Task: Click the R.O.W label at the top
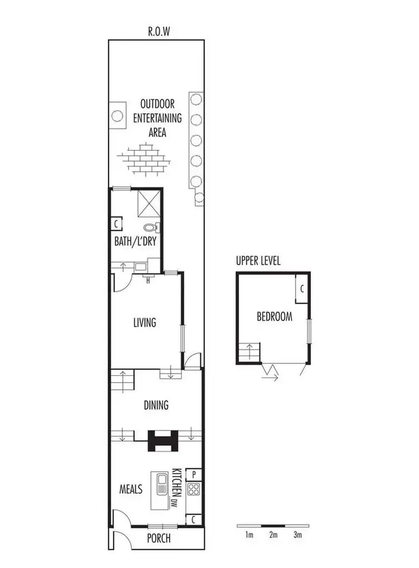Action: click(159, 32)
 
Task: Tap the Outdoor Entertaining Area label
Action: click(158, 118)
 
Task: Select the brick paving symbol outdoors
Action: click(145, 159)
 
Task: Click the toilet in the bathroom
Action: click(151, 227)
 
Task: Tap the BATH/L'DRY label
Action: click(135, 242)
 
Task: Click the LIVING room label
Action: click(144, 322)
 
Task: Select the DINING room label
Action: click(156, 405)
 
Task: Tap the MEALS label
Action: click(131, 489)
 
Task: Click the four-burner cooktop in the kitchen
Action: click(193, 490)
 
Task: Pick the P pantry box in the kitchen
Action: click(193, 474)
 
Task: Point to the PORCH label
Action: click(158, 539)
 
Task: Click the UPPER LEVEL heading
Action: click(258, 261)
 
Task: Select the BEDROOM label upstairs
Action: click(274, 317)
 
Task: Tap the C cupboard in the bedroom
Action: click(302, 289)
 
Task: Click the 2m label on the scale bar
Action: click(273, 535)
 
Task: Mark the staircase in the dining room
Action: click(123, 381)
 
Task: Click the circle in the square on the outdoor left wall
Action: click(117, 116)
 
